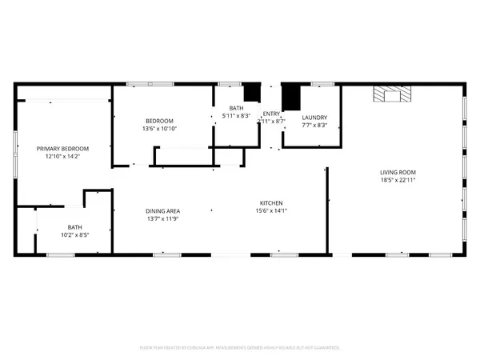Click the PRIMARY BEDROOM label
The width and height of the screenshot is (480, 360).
62,149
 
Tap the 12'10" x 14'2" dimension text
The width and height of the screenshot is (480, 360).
62,157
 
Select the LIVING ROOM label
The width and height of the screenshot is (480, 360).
398,172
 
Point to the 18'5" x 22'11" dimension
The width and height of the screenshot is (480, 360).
398,180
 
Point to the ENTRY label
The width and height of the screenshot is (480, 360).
272,113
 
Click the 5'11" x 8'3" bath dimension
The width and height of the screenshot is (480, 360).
236,115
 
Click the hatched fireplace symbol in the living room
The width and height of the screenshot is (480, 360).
393,94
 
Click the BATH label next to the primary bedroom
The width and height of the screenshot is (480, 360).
74,227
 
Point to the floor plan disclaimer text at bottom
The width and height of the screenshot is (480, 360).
240,348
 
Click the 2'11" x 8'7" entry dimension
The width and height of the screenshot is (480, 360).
272,121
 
